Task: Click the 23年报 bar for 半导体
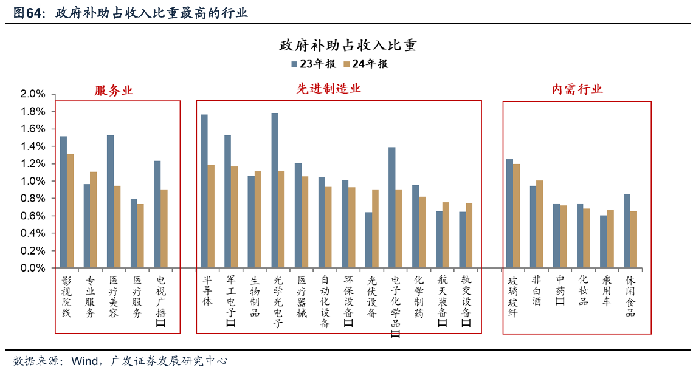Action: pos(204,191)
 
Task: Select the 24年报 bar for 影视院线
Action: pos(70,211)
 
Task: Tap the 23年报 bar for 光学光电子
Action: pos(275,190)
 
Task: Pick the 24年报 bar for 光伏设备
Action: pos(375,228)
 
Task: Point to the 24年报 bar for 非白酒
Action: pos(539,224)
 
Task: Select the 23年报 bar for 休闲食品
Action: pos(627,231)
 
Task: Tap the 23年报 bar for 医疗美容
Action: pos(110,202)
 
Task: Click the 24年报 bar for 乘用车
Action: pos(610,239)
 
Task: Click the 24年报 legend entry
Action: pos(365,64)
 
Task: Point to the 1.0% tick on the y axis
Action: pos(33,181)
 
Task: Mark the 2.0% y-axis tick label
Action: pos(33,94)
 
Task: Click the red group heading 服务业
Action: pos(114,91)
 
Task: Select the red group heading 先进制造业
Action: pos(329,89)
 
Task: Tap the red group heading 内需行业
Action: pos(577,89)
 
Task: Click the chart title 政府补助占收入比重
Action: pos(347,46)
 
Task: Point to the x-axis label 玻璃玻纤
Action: pos(512,296)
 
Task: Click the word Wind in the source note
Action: pos(84,361)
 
